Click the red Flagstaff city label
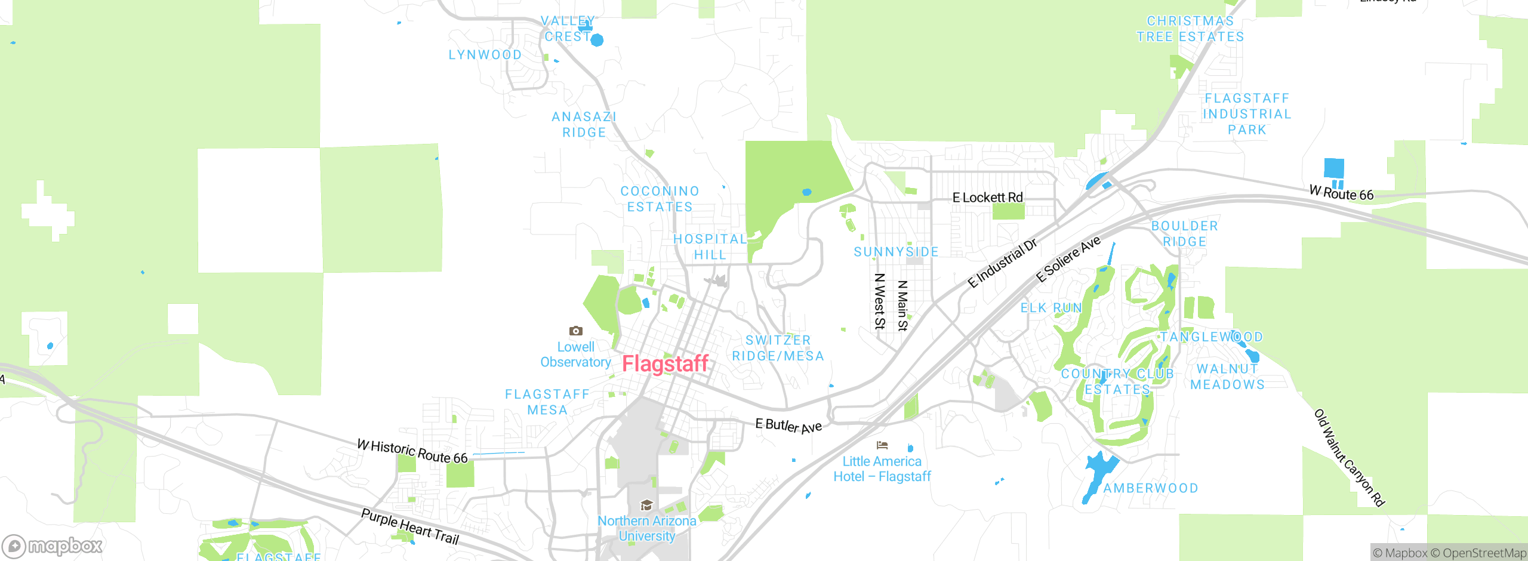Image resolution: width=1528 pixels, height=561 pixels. [665, 363]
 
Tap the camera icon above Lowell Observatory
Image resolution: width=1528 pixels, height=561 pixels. [575, 331]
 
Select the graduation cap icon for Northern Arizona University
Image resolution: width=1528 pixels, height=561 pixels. [646, 505]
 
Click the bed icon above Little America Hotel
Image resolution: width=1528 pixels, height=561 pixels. [882, 445]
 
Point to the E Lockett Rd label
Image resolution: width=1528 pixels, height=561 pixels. [987, 198]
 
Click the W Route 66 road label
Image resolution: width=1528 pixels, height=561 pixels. [1341, 193]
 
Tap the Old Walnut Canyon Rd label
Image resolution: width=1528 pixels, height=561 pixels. [1349, 458]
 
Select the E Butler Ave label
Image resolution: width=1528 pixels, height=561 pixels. [788, 426]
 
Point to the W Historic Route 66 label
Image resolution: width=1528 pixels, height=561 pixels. [412, 451]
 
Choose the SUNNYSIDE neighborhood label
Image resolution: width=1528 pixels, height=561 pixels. [896, 252]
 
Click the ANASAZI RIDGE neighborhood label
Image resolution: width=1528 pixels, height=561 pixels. [584, 125]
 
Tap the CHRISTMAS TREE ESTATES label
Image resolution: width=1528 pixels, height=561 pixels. [1190, 29]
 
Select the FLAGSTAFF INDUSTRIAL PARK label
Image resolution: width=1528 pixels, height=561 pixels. [1247, 114]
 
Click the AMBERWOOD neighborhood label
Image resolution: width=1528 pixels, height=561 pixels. [1151, 488]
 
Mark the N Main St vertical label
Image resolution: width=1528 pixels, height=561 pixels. [902, 306]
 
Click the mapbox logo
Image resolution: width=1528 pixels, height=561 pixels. [53, 545]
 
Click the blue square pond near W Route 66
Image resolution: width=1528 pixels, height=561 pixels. [1333, 168]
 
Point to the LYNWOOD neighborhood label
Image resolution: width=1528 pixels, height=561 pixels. [485, 55]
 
